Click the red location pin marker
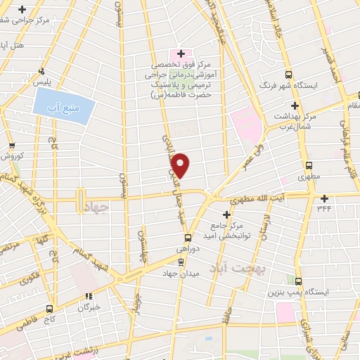pos(181,165)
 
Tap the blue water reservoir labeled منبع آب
pos(63,106)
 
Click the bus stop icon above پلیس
pos(42,71)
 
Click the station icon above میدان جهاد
pos(181,262)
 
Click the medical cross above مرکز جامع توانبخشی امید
pos(226,214)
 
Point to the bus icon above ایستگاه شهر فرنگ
pos(288,75)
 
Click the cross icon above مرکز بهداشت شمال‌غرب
pos(295,105)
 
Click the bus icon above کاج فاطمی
pos(49,308)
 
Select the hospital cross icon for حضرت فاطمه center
pos(181,53)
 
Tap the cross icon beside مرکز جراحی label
pos(22,10)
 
